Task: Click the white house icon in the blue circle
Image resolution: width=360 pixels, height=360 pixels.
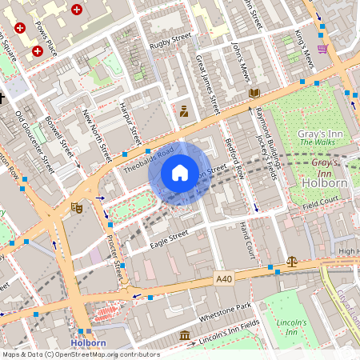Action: [x=179, y=173]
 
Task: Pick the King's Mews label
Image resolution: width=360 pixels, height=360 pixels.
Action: [x=303, y=48]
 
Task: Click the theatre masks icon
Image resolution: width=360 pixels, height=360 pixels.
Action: [x=77, y=207]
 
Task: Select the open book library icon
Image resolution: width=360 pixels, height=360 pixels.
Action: [x=254, y=94]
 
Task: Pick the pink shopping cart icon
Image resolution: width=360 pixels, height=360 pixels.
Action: [x=322, y=48]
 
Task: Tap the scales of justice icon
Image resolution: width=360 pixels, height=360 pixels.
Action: [x=291, y=261]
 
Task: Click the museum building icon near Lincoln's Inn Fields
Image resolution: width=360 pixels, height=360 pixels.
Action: [x=185, y=334]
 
